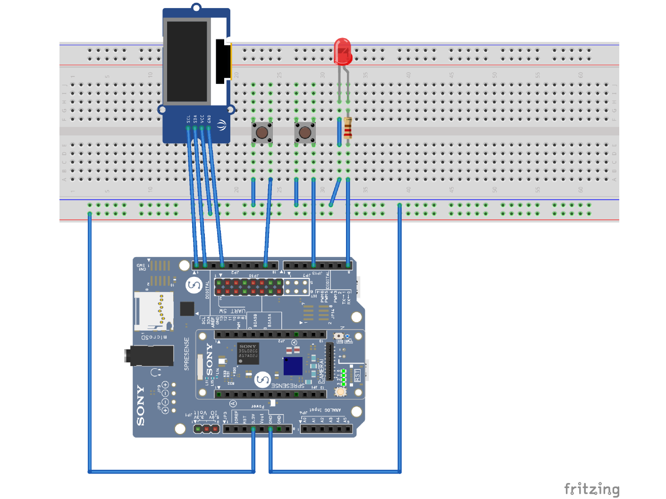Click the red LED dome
pos(343,51)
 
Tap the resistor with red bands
pos(348,128)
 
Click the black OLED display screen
pos(187,61)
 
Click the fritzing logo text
pos(591,489)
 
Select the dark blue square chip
pos(293,366)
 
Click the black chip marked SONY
pos(248,353)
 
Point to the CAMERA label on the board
pos(322,371)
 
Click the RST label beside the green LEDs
pos(357,375)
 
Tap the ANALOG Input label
pos(325,410)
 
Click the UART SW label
pos(232,311)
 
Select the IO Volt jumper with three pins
pos(206,429)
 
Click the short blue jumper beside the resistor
pos(339,132)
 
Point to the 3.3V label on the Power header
pos(253,418)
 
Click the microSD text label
pos(154,337)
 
